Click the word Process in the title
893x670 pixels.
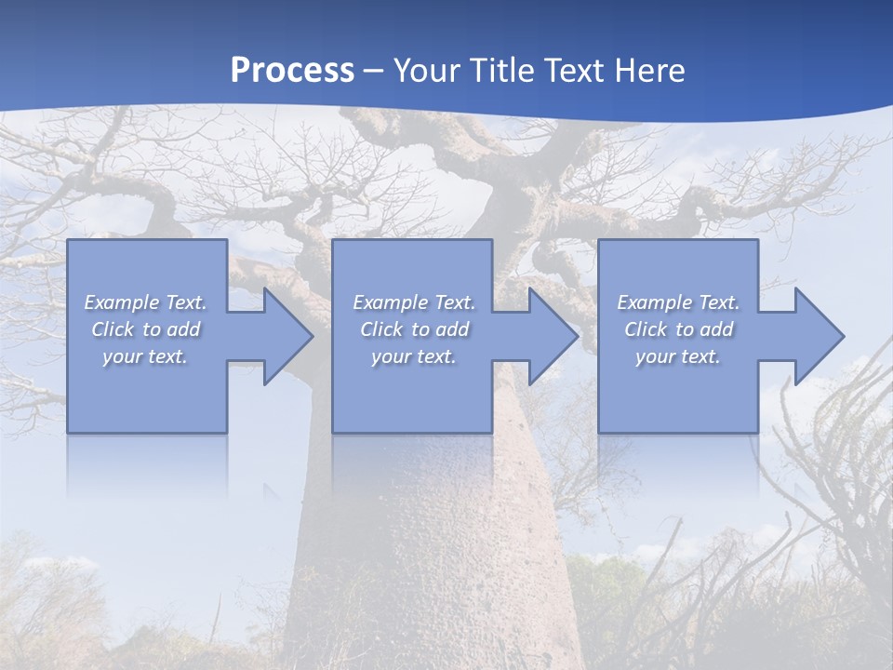(292, 70)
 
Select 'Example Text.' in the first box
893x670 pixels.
(145, 302)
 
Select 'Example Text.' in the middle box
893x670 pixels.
(414, 302)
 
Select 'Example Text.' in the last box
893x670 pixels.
(678, 302)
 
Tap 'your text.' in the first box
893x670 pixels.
(145, 356)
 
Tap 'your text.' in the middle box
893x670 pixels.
(414, 356)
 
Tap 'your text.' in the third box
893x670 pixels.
(678, 356)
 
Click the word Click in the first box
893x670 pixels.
(113, 329)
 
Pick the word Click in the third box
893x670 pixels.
(646, 329)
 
